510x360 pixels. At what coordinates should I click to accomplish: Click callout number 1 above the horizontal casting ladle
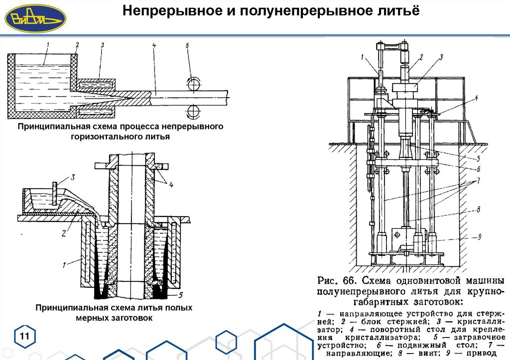tap(47, 46)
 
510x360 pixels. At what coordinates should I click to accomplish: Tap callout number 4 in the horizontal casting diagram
tap(154, 46)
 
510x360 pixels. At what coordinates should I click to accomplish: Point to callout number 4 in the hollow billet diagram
tap(171, 186)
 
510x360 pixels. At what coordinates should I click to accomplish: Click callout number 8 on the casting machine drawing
tap(478, 210)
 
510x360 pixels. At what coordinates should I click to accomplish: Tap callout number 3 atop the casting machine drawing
tap(440, 58)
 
